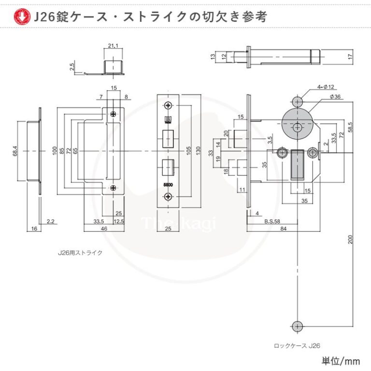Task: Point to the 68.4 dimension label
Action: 15,151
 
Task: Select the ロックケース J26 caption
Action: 297,345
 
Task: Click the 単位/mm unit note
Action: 341,360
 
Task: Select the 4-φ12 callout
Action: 326,87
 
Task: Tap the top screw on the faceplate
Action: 168,106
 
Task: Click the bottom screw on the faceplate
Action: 168,196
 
